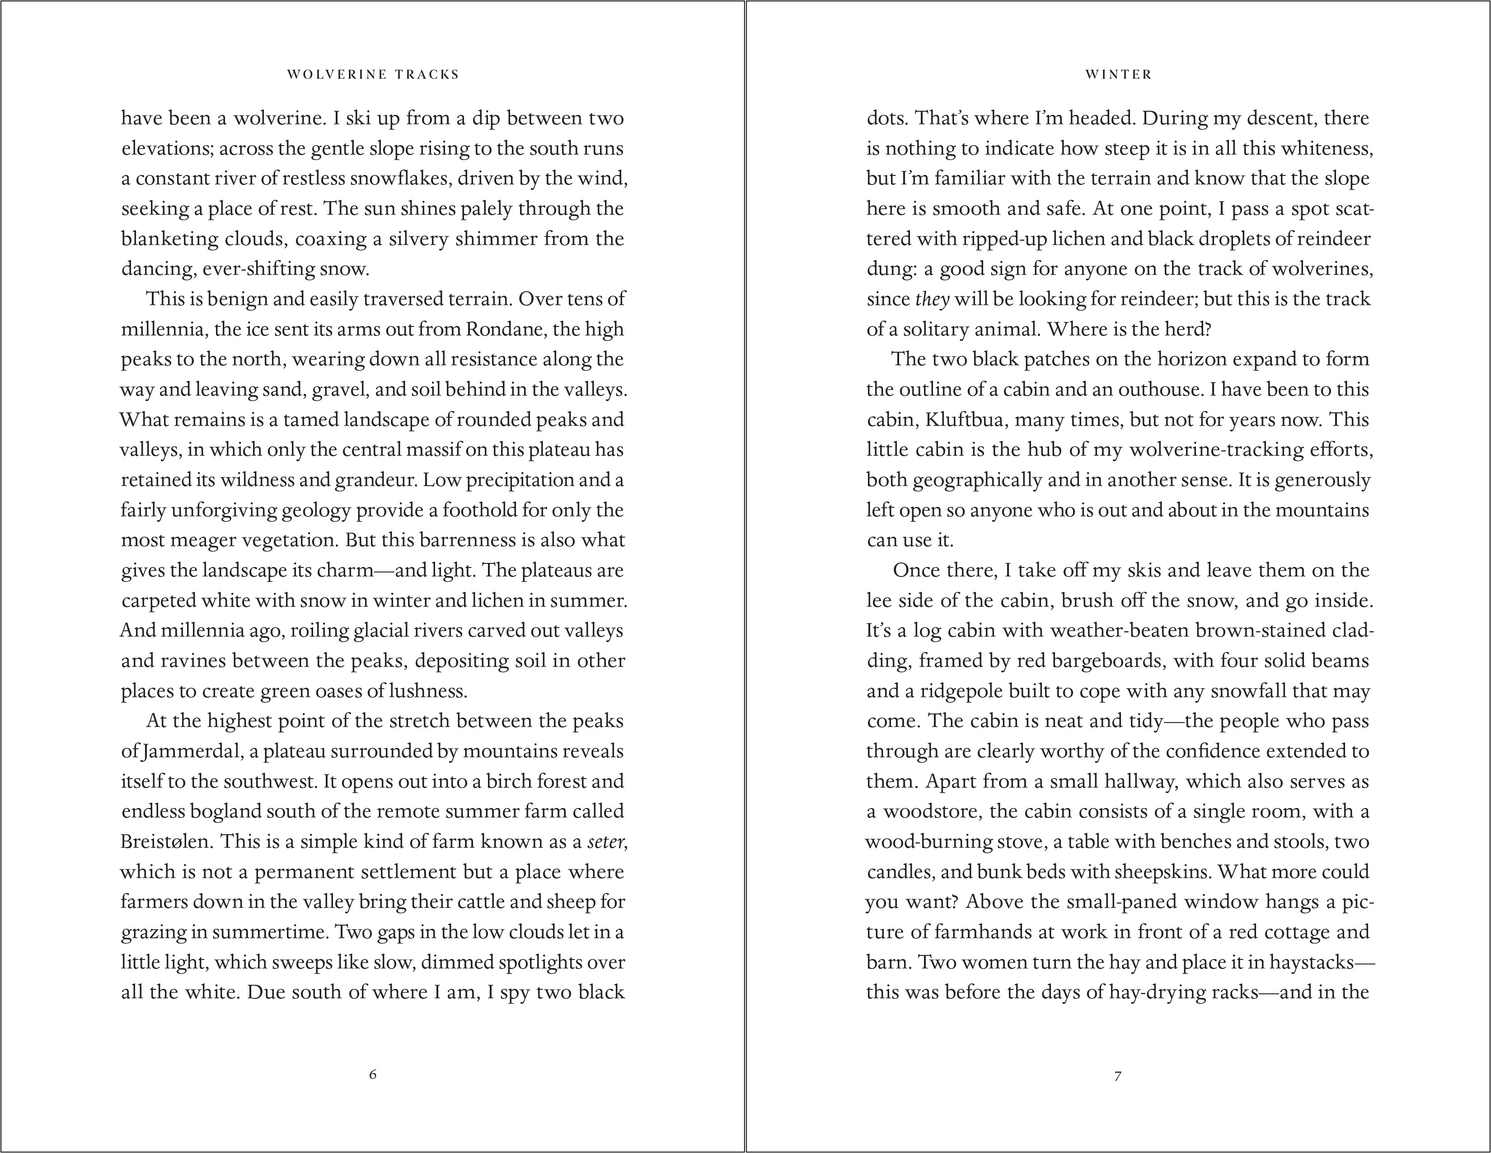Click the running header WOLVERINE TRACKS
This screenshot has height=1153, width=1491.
(373, 75)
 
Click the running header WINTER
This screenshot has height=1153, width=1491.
(1118, 75)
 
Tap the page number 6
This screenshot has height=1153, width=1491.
(373, 1074)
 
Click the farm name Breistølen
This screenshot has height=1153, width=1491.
(164, 841)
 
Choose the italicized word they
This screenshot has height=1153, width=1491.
(932, 299)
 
